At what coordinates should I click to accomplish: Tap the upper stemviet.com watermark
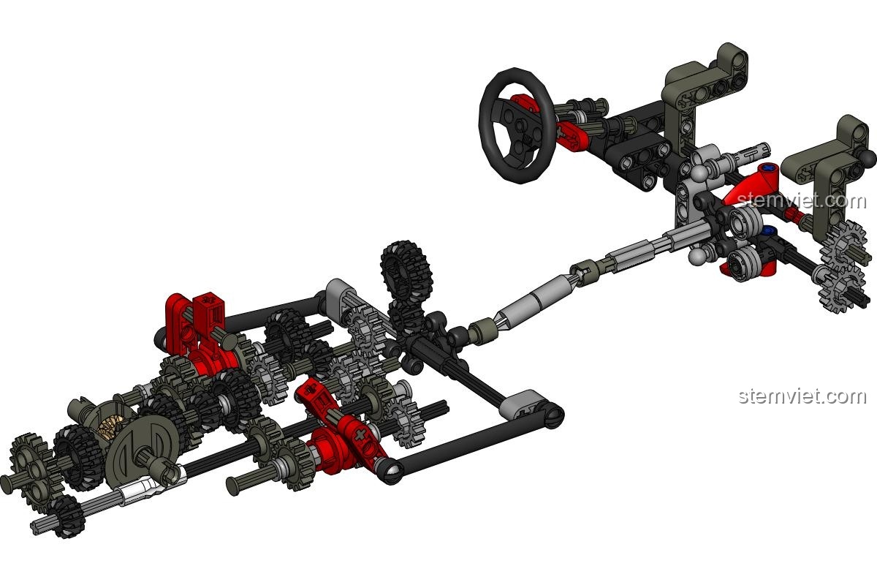tap(802, 200)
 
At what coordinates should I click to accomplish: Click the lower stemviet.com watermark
tap(802, 396)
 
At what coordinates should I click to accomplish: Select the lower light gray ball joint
tap(698, 257)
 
